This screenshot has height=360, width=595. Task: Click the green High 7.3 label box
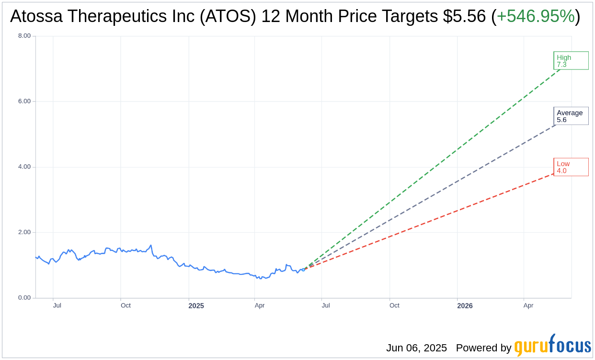tap(571, 61)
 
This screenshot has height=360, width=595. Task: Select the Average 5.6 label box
tap(571, 116)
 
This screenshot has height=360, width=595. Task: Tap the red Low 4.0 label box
tap(571, 167)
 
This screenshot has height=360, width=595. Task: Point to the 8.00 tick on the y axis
tap(24, 36)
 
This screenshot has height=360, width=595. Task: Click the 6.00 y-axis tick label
tap(24, 101)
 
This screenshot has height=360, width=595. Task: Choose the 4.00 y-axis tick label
tap(24, 167)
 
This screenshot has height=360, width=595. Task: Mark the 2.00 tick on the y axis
tap(24, 232)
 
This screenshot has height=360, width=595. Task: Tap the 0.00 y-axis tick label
tap(24, 298)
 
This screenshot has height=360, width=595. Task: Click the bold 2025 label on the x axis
tap(196, 306)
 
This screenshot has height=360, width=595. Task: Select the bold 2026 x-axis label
tap(465, 306)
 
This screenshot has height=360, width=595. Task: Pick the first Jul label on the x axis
tap(57, 305)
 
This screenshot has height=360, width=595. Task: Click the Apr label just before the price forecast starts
tap(260, 305)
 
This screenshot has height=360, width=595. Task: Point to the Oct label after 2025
tap(394, 305)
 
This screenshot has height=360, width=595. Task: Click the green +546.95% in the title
tap(535, 17)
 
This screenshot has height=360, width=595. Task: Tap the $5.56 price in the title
tap(464, 17)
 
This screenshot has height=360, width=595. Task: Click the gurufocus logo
tap(552, 346)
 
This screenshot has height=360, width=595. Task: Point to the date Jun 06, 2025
tap(416, 348)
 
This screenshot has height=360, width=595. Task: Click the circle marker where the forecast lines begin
tap(303, 270)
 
